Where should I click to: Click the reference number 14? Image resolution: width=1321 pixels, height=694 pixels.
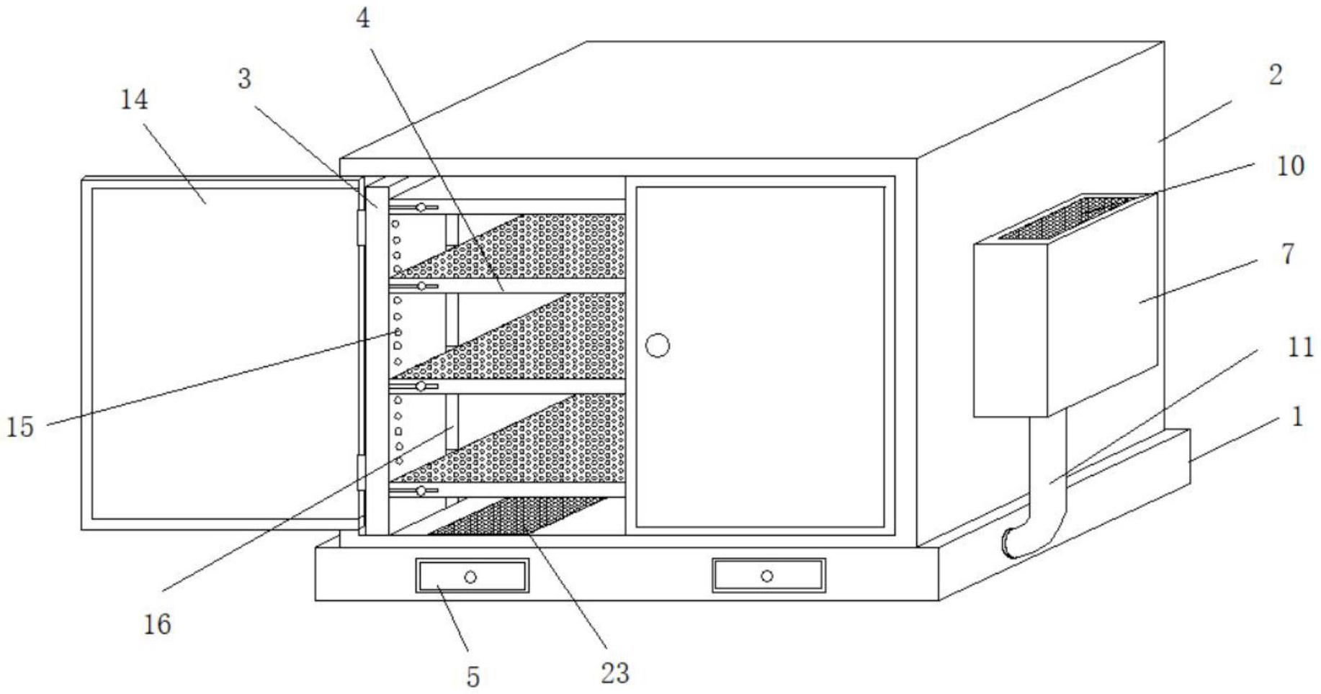tap(134, 100)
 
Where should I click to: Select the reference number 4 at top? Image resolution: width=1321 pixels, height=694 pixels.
tap(363, 19)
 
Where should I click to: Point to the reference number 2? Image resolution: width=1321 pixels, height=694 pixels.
tap(1275, 75)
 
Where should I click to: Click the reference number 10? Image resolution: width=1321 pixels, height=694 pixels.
tap(1290, 166)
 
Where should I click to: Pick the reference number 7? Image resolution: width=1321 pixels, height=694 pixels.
tap(1288, 253)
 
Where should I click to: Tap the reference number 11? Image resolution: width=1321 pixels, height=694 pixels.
tap(1300, 348)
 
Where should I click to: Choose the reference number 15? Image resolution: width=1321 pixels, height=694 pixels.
tap(20, 427)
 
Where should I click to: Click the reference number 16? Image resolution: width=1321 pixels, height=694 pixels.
tap(157, 623)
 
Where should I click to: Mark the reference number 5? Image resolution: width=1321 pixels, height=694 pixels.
tap(473, 677)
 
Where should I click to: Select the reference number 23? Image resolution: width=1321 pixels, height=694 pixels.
tap(614, 673)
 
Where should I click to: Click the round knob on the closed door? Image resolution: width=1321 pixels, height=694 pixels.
tap(657, 346)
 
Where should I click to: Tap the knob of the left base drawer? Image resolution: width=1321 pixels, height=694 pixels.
tap(470, 577)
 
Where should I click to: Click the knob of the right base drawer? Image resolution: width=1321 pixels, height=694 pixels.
tap(767, 576)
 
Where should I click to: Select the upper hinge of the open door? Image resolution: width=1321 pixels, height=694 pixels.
tap(360, 227)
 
